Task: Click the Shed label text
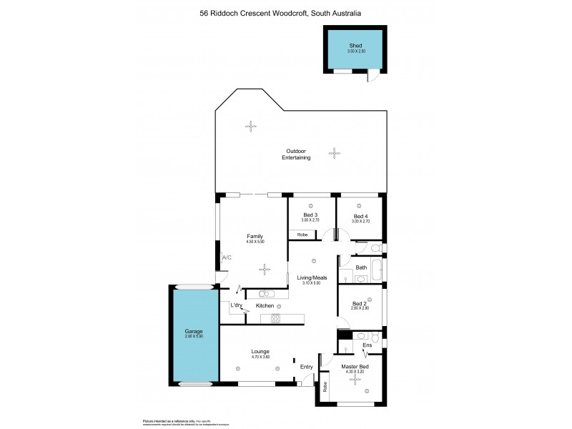click(x=355, y=45)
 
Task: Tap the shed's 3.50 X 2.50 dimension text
click(x=355, y=51)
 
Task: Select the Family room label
click(x=255, y=236)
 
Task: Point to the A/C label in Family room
click(x=227, y=257)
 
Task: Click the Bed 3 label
click(x=310, y=215)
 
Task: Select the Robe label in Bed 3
click(x=302, y=234)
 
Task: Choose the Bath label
click(x=361, y=268)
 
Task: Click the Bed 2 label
click(x=360, y=303)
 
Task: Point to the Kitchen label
click(x=265, y=305)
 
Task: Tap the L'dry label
click(x=236, y=305)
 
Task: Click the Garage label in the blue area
click(x=194, y=332)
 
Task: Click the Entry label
click(x=306, y=367)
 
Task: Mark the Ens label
click(x=368, y=345)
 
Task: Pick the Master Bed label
click(x=354, y=367)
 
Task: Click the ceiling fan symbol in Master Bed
click(x=354, y=380)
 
